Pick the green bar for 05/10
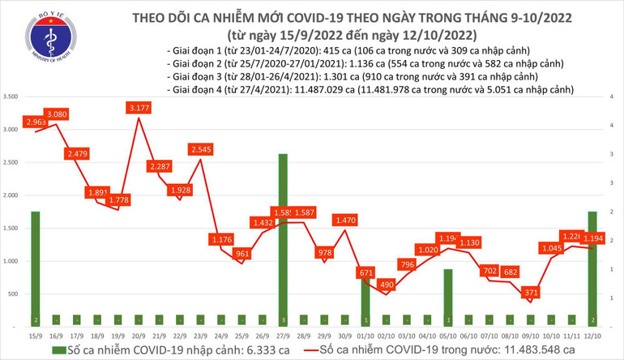point(448,296)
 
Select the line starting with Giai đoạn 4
point(369,90)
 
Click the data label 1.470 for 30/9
point(346,220)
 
